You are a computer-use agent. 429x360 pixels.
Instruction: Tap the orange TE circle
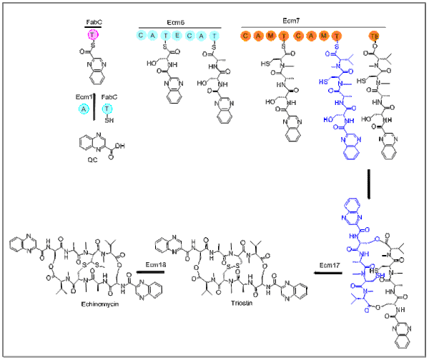(374, 35)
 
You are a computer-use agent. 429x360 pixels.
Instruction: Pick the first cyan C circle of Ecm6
(142, 34)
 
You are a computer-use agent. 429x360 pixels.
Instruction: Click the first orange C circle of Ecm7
(246, 35)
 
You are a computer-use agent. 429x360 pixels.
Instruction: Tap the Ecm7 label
(312, 23)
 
